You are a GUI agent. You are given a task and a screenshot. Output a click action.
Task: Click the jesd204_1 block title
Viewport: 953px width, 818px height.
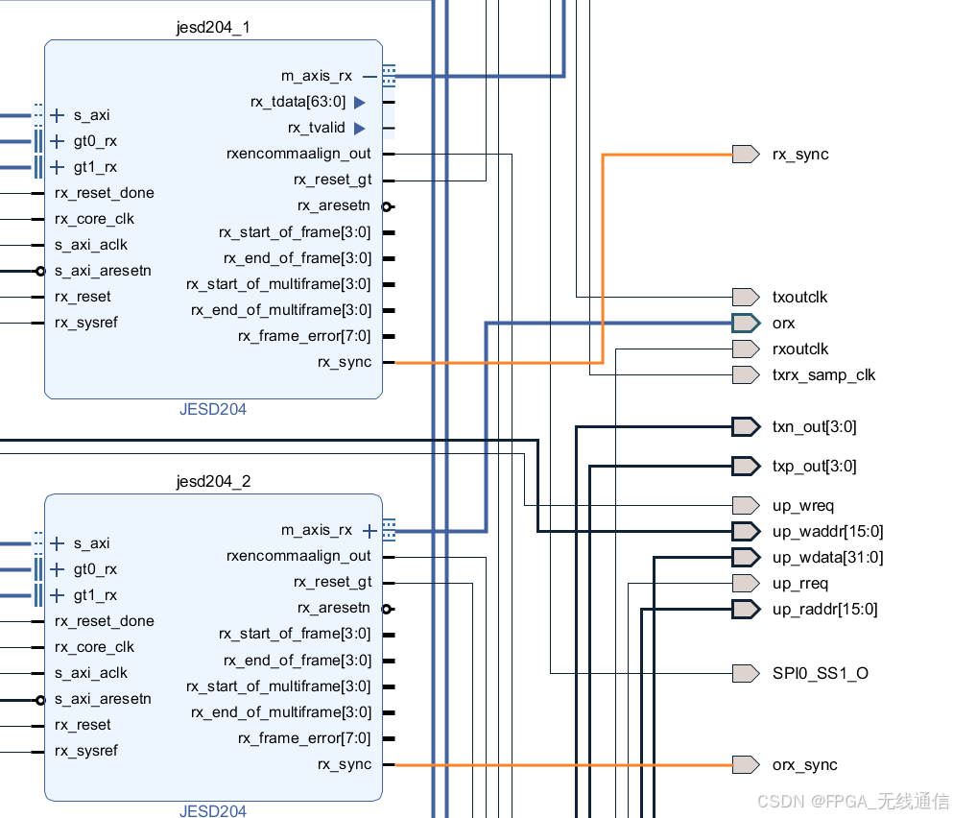213,27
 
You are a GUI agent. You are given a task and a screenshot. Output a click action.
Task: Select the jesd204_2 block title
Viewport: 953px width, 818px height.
213,481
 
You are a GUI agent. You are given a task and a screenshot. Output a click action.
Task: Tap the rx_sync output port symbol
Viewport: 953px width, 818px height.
746,155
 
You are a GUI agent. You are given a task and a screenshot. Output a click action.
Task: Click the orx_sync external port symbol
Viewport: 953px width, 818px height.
746,765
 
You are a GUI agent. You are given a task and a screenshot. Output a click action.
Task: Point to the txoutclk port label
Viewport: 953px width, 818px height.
799,298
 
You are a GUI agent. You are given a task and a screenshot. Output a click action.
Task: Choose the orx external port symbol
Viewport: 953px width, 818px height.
746,324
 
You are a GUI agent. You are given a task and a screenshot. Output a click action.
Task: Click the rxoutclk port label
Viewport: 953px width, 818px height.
799,349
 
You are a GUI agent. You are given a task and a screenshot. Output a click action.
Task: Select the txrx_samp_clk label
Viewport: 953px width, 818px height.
823,375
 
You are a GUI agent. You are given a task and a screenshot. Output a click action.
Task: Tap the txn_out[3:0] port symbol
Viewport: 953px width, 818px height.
746,427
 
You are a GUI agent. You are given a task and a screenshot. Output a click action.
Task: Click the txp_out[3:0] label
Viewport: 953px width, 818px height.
814,467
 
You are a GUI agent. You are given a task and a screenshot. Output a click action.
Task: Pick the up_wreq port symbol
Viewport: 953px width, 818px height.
746,506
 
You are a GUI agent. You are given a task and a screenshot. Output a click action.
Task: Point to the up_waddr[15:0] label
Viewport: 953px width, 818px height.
827,532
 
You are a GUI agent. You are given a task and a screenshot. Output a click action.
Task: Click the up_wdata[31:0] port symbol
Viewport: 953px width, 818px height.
746,558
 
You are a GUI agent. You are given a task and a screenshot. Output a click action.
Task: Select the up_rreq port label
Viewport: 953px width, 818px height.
799,584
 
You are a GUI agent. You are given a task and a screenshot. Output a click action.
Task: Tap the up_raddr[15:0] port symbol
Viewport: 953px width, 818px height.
746,610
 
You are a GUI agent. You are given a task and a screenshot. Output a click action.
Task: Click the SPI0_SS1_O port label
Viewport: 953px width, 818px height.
820,674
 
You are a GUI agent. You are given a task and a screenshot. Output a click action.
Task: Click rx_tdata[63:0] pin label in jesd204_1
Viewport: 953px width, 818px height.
298,102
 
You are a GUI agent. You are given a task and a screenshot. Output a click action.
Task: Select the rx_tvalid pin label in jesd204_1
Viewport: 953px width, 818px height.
316,128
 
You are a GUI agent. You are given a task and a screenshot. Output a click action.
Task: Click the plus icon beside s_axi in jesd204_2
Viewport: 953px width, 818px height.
58,543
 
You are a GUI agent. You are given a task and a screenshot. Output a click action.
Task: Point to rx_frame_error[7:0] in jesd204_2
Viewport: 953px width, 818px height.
303,738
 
